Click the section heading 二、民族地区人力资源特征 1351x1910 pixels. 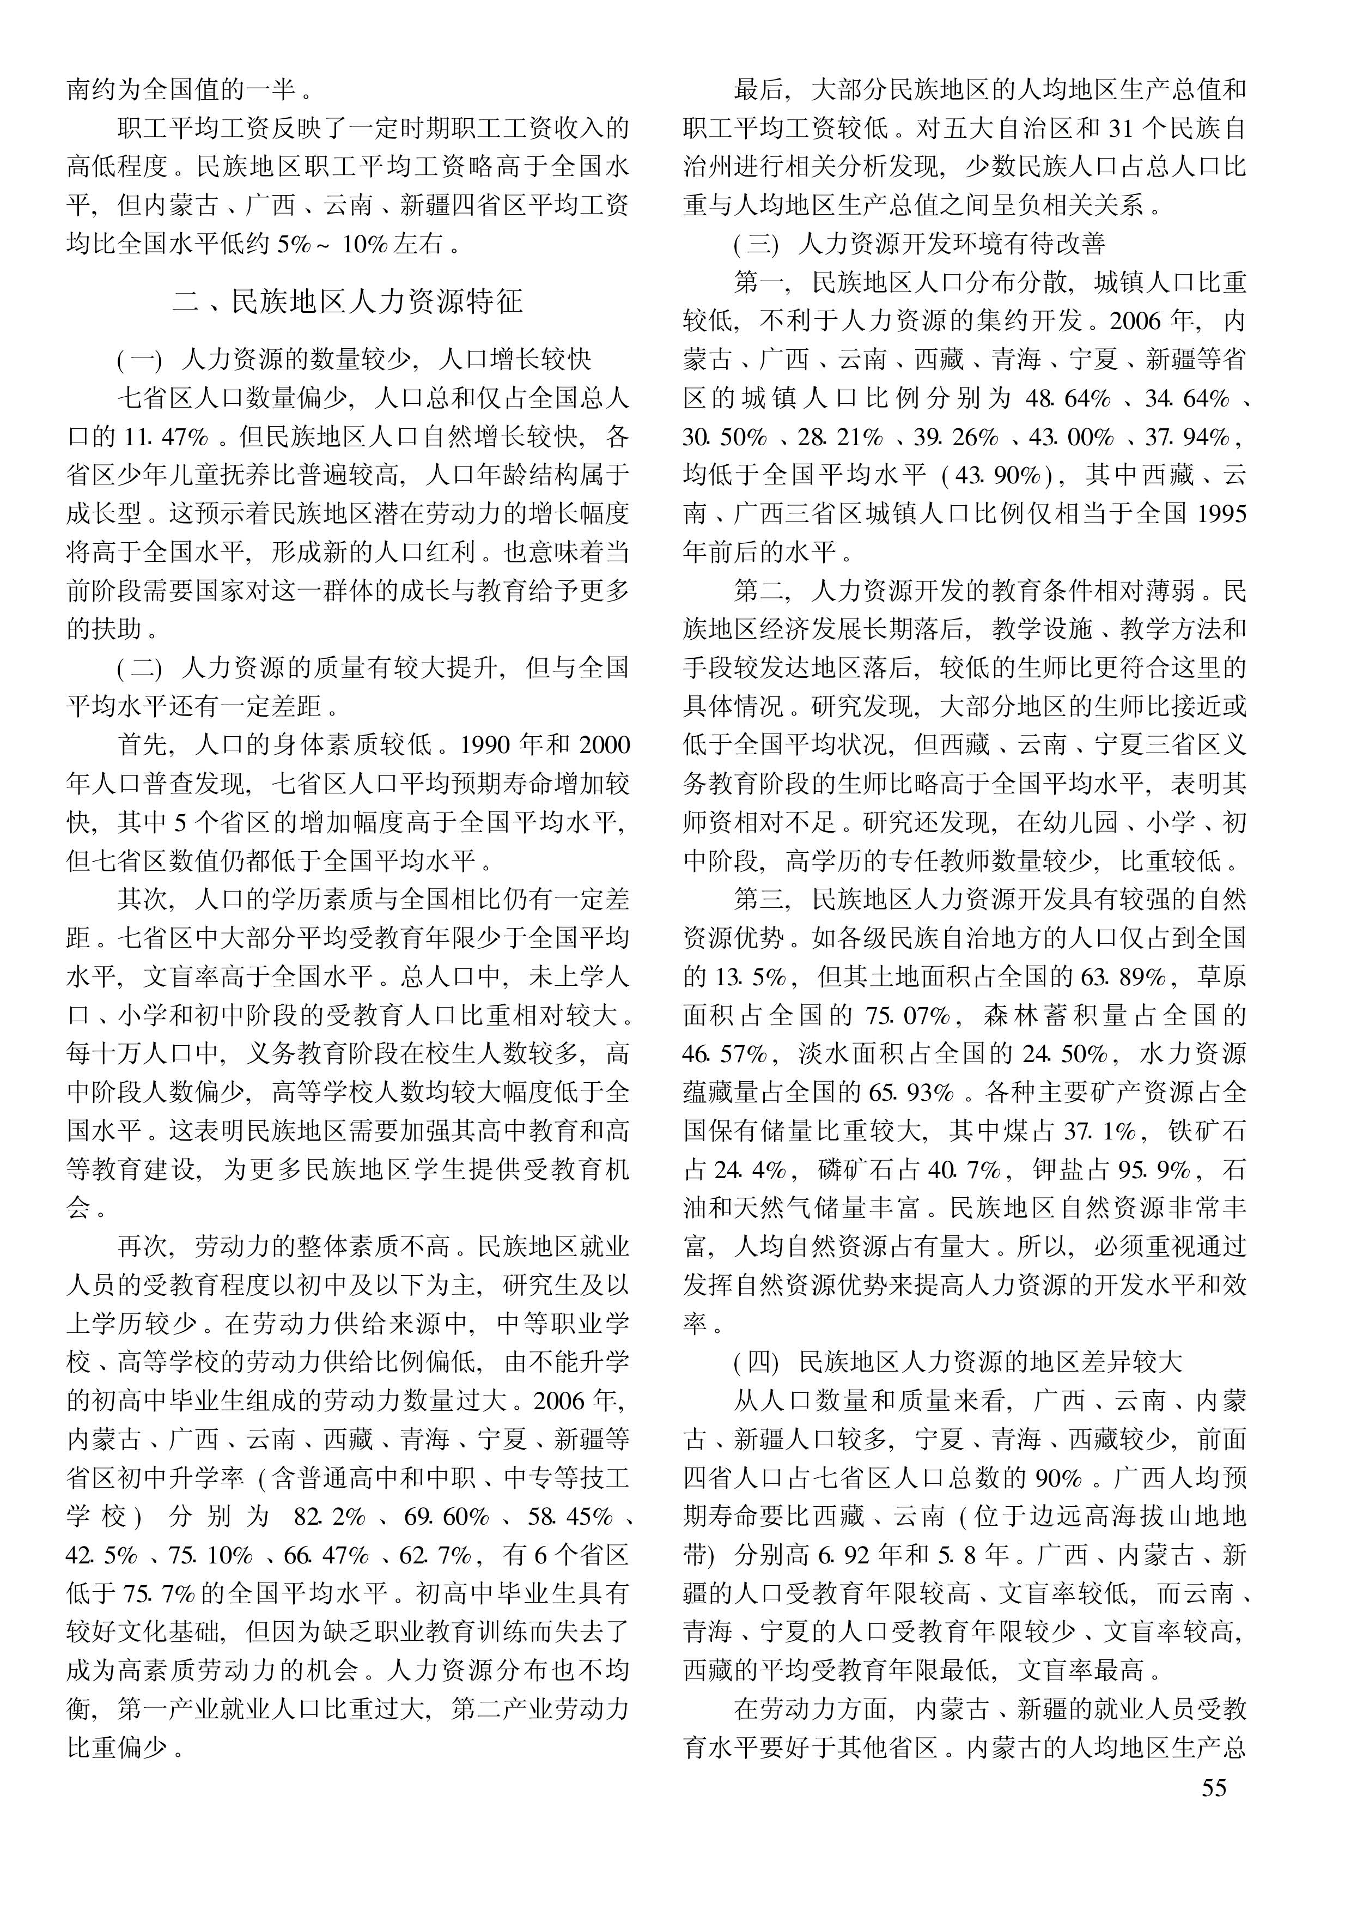(347, 301)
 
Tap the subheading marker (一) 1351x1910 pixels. (139, 360)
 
